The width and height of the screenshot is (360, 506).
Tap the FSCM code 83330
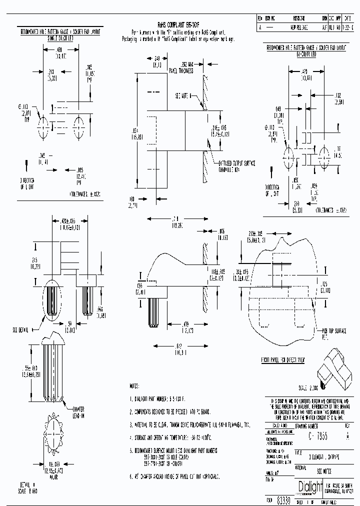282,501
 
